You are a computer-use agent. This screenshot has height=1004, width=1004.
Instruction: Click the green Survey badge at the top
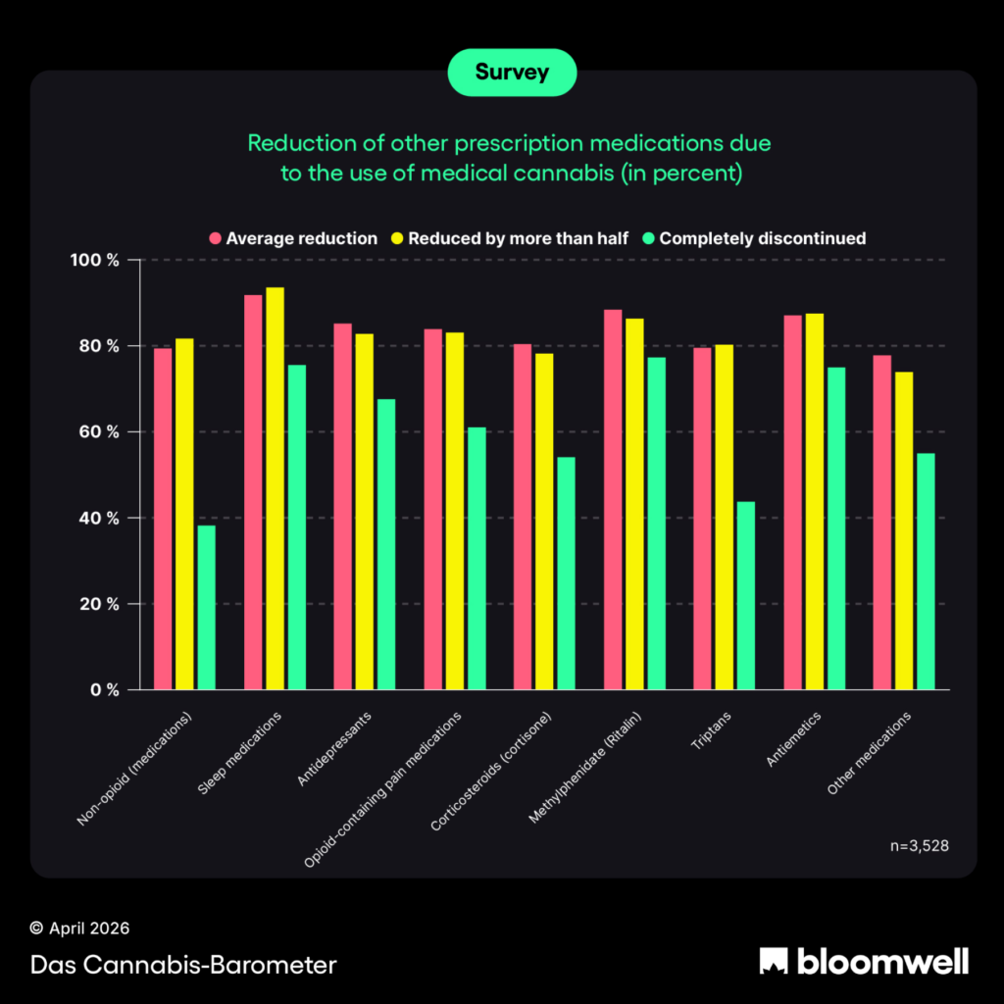(512, 72)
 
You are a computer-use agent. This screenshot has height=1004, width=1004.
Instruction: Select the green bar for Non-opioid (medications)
(206, 608)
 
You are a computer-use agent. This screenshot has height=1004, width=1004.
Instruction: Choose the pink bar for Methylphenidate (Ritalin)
(613, 499)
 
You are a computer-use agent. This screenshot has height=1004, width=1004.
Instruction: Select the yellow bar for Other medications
(903, 530)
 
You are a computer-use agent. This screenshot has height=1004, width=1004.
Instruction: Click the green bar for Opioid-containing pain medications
(477, 558)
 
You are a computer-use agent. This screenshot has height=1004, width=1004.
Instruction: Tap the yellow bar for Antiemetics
(814, 501)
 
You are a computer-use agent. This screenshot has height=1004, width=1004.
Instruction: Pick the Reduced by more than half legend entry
(509, 238)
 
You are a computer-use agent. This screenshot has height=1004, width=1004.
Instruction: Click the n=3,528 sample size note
(917, 844)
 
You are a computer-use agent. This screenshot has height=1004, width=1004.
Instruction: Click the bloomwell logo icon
(775, 961)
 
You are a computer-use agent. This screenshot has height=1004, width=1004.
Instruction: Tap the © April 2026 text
(79, 928)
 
